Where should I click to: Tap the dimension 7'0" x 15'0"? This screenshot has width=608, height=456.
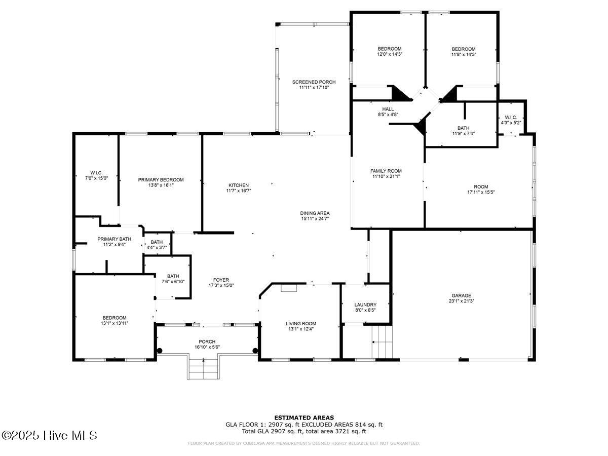[x=96, y=178]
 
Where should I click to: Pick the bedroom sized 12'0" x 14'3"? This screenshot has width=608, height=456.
[x=389, y=52]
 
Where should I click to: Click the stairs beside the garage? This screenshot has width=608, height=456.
[x=383, y=341]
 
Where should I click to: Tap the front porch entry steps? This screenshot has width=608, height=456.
[x=203, y=369]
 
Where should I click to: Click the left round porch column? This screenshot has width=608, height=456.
[x=160, y=350]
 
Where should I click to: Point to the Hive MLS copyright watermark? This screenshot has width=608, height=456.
[x=49, y=435]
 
